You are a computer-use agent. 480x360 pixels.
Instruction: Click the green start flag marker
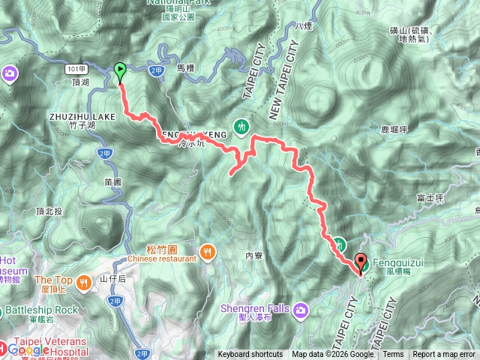(120, 72)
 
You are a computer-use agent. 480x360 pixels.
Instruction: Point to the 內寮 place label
(253, 256)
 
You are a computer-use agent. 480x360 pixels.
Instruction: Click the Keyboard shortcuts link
(250, 355)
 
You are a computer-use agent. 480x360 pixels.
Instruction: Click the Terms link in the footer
(393, 355)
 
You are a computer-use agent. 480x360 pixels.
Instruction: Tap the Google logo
(28, 349)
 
